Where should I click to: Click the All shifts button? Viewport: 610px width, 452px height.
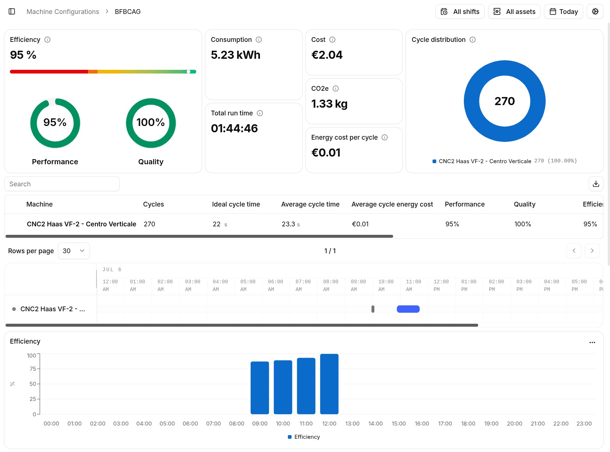(x=459, y=11)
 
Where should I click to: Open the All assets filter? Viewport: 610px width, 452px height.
(x=514, y=11)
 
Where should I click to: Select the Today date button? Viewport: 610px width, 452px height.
(x=563, y=11)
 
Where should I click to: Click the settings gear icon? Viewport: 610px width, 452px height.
(x=595, y=11)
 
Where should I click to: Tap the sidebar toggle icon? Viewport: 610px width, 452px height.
(x=12, y=11)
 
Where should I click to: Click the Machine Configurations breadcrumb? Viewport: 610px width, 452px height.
(x=63, y=11)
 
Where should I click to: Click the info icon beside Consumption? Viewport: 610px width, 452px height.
(x=258, y=40)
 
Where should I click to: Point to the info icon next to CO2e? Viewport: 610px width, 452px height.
(x=335, y=89)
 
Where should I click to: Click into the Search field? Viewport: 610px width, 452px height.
(x=62, y=184)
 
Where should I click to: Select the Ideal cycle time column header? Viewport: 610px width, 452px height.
(x=236, y=204)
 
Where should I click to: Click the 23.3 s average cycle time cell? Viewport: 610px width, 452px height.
(x=290, y=224)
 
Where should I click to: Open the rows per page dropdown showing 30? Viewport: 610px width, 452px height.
(x=74, y=251)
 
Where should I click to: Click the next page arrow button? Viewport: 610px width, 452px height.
(x=592, y=251)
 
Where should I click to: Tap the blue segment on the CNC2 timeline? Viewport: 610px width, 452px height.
(x=408, y=309)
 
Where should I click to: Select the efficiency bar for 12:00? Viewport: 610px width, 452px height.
(x=329, y=384)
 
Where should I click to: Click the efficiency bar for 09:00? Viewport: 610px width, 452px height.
(x=260, y=388)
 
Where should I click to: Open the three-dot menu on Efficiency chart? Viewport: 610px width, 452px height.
(x=592, y=342)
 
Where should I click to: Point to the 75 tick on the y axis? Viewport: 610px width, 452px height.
(x=33, y=369)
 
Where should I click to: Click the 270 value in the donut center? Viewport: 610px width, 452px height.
(x=504, y=101)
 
